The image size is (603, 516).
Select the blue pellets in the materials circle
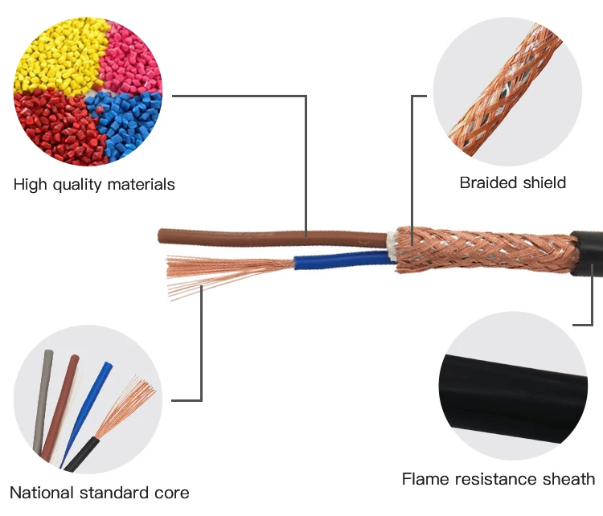pyautogui.click(x=129, y=121)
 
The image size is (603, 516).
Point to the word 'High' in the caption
pyautogui.click(x=30, y=185)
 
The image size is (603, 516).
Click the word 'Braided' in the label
pyautogui.click(x=486, y=182)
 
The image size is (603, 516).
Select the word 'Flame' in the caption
pyautogui.click(x=425, y=479)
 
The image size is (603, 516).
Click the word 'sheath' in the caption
pyautogui.click(x=567, y=479)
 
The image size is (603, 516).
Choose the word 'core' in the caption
pyautogui.click(x=172, y=492)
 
